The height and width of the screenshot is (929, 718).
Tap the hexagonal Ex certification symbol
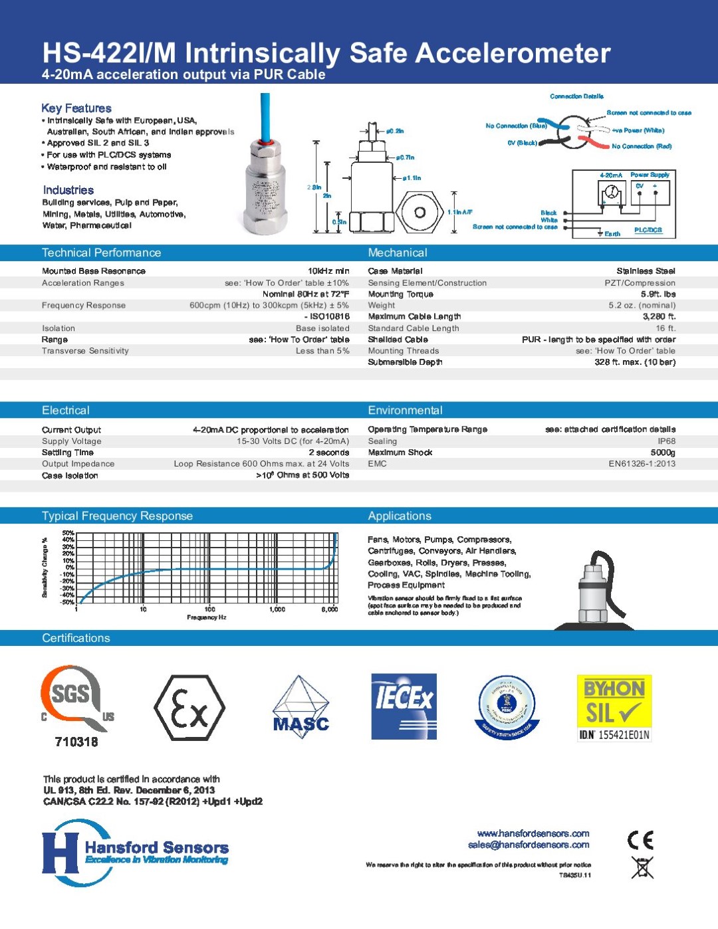point(189,708)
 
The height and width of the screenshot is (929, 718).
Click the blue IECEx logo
point(404,706)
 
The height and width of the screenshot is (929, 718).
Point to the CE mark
point(641,840)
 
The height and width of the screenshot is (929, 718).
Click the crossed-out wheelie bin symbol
point(642,867)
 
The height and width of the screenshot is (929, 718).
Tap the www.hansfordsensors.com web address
point(533,833)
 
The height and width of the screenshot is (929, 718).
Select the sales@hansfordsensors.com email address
point(529,845)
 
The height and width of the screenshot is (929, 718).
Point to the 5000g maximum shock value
point(663,453)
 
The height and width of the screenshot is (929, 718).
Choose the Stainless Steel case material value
point(646,271)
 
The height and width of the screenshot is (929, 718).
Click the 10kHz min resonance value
point(328,271)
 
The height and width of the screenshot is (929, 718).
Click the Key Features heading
point(76,108)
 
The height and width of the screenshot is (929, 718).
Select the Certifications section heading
point(76,638)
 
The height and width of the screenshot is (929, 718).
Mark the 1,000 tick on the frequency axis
point(277,609)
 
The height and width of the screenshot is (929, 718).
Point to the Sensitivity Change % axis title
point(45,568)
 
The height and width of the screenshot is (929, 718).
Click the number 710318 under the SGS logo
point(76,742)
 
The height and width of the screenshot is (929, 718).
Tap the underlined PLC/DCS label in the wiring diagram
point(648,230)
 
